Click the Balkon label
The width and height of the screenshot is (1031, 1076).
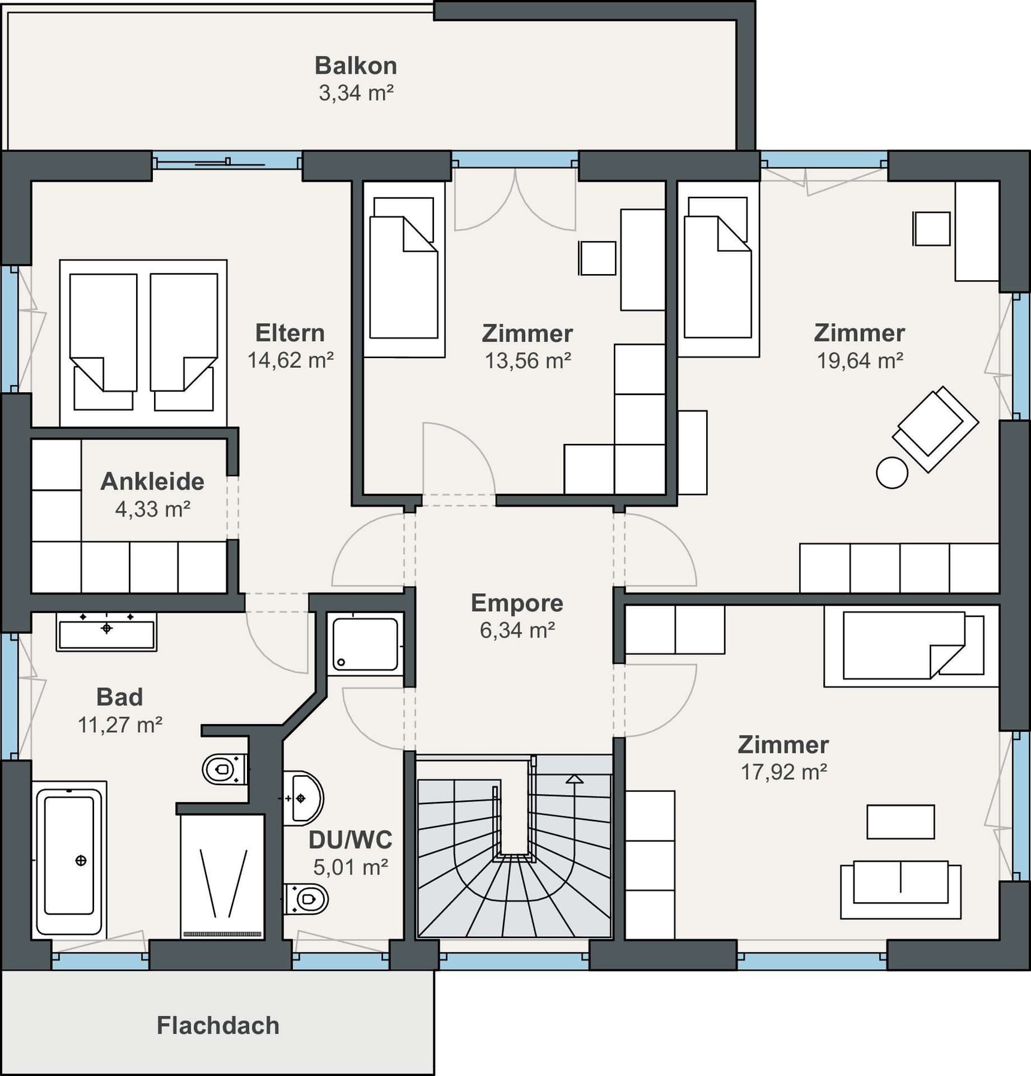coord(355,65)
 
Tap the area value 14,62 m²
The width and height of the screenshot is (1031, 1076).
coord(290,360)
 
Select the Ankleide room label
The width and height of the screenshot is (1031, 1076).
coord(152,481)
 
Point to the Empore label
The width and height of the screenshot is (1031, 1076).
coord(517,603)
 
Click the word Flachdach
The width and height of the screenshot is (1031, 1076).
coord(218,1025)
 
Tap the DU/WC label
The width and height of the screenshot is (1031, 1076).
coord(350,840)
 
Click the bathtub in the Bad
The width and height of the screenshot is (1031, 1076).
coord(69,860)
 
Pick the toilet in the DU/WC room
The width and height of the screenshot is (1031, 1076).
coord(306,899)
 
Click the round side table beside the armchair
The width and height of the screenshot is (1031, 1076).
coord(892,473)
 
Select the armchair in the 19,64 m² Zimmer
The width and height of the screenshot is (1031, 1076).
coord(935,429)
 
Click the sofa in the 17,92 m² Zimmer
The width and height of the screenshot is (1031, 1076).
coord(900,889)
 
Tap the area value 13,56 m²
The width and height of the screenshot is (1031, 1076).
coord(527,360)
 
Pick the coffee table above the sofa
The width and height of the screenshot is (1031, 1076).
coord(900,822)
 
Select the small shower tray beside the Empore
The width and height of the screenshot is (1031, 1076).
coord(365,644)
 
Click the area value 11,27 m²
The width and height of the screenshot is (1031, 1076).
coord(120,725)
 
